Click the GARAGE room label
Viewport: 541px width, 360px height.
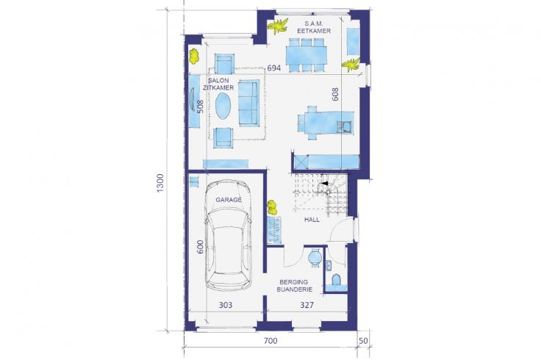[x=229, y=200]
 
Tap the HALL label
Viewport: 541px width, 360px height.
[x=312, y=220]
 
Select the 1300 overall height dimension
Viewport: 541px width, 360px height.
[x=160, y=183]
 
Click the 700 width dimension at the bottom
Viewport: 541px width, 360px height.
[x=270, y=341]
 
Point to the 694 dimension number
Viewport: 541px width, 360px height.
[x=274, y=68]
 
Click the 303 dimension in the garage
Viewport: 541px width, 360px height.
[x=226, y=305]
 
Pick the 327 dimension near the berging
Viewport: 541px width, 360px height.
[x=307, y=305]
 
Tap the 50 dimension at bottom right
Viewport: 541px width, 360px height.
[x=363, y=341]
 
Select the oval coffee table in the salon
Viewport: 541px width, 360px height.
[x=223, y=107]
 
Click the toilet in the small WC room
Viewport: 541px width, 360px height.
[x=336, y=280]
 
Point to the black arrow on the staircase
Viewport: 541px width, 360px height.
[x=324, y=184]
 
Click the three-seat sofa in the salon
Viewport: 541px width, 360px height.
[x=248, y=103]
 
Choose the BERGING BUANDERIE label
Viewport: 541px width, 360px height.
[x=294, y=286]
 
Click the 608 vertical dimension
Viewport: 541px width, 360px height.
[x=335, y=94]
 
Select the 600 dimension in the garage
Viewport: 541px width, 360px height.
[x=200, y=247]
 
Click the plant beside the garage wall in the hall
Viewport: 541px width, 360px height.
[x=273, y=207]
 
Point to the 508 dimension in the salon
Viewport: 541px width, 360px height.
[x=200, y=107]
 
